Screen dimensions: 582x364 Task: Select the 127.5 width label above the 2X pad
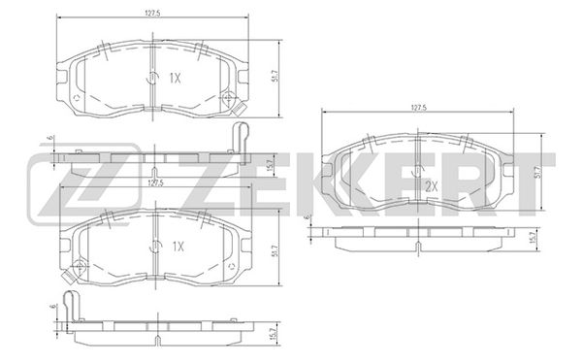point(418,107)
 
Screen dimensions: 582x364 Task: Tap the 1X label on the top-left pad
point(175,78)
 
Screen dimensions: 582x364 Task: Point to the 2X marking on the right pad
point(432,186)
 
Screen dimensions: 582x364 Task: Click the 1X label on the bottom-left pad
point(178,247)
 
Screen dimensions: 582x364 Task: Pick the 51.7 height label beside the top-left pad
point(275,79)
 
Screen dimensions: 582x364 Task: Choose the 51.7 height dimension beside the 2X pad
point(538,172)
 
